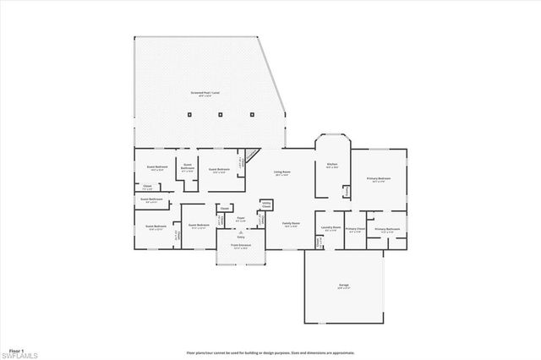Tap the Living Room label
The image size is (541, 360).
pos(281,173)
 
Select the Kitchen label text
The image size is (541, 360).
pos(332,166)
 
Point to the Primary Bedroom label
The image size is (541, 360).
pos(378,179)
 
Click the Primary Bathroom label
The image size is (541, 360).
pos(386,229)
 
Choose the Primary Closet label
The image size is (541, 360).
pos(356,229)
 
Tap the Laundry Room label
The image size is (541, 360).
pos(331,227)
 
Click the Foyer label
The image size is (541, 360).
pos(241,219)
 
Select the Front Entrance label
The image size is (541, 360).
pos(241,247)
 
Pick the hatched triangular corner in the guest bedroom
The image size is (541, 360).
pos(249,157)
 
